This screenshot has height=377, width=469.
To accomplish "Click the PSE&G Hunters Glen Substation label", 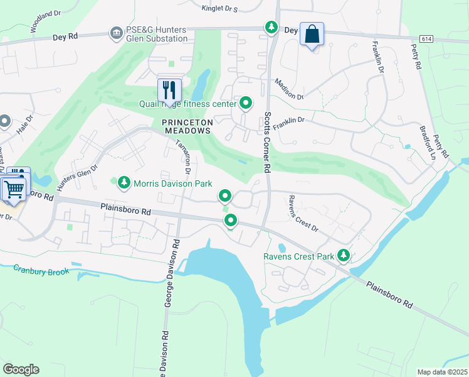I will (156, 33).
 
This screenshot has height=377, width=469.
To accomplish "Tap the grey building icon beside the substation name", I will (115, 33).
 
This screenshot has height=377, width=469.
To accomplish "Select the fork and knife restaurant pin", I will (169, 90).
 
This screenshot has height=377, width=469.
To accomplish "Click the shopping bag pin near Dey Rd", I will (312, 35).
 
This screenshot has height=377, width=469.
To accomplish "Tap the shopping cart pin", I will (14, 189).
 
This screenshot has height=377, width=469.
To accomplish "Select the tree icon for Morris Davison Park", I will (124, 183).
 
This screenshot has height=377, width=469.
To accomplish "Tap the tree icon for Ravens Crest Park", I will (343, 256).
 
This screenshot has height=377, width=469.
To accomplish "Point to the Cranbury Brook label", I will (41, 270).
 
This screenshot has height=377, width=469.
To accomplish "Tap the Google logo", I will (21, 369).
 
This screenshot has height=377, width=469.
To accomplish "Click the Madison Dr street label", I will (289, 89).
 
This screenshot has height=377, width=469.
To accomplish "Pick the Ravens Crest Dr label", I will (303, 214).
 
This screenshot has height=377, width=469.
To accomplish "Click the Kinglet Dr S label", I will (219, 9).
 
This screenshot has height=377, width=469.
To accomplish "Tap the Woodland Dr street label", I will (45, 26).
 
